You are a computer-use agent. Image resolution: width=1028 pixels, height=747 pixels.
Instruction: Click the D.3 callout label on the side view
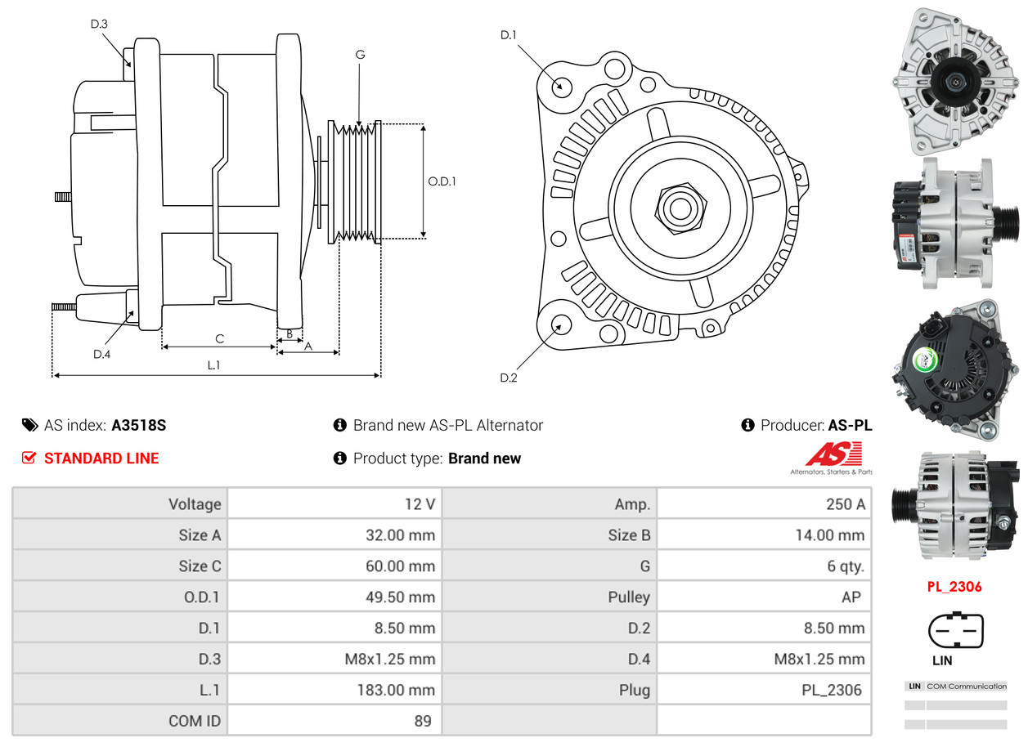[99, 24]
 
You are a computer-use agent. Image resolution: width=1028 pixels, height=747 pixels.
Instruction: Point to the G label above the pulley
[360, 55]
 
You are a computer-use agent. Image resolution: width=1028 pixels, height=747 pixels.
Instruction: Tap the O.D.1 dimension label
[442, 181]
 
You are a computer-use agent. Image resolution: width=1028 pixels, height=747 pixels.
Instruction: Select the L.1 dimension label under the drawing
[213, 365]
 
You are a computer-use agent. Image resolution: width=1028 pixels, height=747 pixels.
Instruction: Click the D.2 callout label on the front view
[509, 378]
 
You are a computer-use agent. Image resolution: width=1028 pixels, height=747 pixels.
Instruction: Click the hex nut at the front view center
[678, 207]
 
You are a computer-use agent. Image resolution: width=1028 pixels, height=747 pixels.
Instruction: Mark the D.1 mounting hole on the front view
[562, 86]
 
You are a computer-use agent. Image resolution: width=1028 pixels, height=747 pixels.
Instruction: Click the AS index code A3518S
[139, 425]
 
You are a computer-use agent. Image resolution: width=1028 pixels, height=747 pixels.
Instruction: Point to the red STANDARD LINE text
[101, 458]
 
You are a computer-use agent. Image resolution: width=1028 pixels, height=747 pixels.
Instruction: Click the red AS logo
[833, 454]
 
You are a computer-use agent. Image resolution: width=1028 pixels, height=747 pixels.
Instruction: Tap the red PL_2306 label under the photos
[954, 586]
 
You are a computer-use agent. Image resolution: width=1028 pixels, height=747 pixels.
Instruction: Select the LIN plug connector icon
[955, 631]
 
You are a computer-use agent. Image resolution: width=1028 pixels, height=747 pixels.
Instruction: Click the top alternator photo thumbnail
[954, 80]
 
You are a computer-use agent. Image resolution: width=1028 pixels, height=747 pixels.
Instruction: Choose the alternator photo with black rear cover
[954, 370]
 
